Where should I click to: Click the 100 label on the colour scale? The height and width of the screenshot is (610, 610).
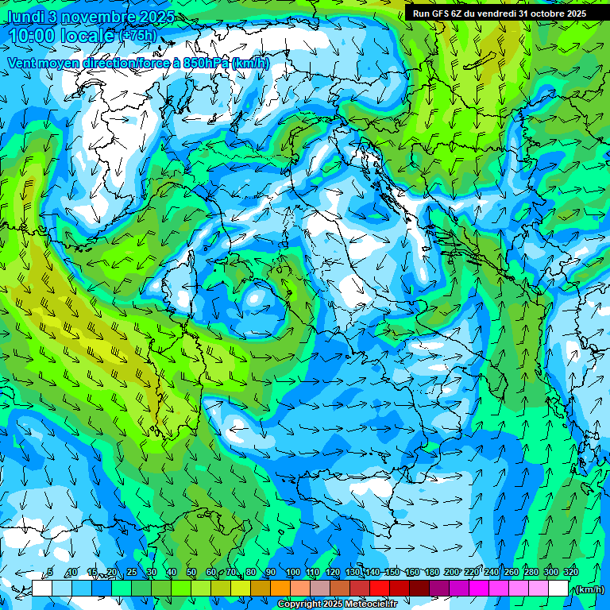pyautogui.click(x=292, y=572)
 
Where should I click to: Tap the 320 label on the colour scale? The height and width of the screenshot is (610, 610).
pyautogui.click(x=570, y=572)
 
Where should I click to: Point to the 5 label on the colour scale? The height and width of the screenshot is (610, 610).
pyautogui.click(x=50, y=572)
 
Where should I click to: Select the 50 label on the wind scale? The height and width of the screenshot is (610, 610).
pyautogui.click(x=191, y=572)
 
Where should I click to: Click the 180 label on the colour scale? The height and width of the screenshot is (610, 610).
pyautogui.click(x=431, y=572)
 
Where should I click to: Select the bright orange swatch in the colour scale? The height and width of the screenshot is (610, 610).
pyautogui.click(x=280, y=589)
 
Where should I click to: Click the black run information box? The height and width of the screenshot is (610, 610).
pyautogui.click(x=500, y=14)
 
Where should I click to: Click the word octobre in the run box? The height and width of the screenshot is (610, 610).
pyautogui.click(x=543, y=14)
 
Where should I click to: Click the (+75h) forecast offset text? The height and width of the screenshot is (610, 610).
pyautogui.click(x=137, y=36)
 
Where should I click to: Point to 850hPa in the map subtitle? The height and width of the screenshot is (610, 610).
pyautogui.click(x=209, y=63)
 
